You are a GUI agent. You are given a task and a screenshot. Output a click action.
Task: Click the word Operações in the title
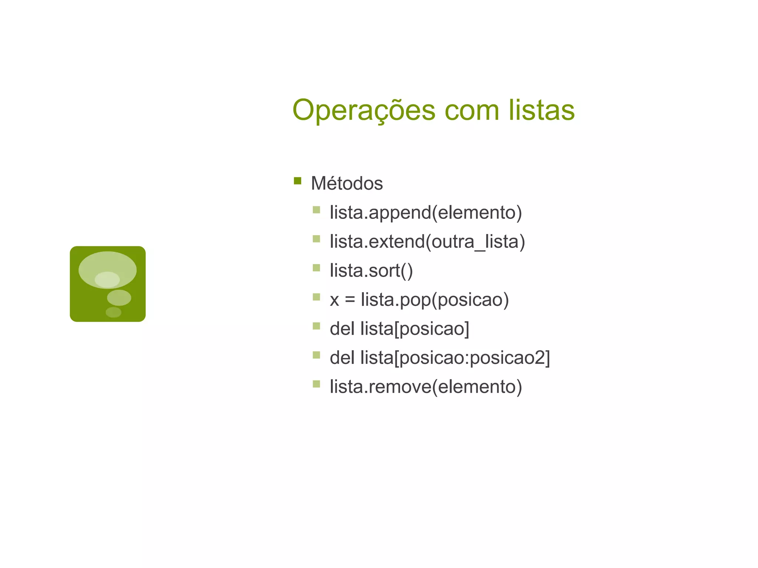coord(364,110)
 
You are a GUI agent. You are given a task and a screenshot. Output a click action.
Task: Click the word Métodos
coord(347,183)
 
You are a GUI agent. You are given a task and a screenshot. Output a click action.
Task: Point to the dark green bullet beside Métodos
coord(298,181)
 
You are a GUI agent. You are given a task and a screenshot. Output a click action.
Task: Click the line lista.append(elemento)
coord(426,213)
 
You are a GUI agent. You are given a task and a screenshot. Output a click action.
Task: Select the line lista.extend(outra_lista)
coord(427,242)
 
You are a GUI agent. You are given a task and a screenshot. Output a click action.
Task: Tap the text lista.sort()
coord(371,271)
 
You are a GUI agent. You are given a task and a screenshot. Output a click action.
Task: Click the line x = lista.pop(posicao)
coord(419,300)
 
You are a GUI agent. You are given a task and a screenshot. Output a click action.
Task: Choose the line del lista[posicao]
coord(399,329)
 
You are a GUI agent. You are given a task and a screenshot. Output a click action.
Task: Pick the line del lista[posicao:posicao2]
coord(440,358)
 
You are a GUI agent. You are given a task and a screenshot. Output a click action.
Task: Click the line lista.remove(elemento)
coord(426,387)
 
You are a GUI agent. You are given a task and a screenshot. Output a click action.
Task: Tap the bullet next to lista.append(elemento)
coord(316,210)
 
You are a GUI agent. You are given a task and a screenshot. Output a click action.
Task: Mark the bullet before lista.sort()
coord(316,268)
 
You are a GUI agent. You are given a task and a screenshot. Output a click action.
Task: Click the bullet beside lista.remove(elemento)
coord(316,384)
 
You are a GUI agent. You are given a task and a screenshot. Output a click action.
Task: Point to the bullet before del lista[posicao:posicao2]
coord(316,355)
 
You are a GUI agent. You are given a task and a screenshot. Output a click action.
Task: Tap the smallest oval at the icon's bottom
coord(113,312)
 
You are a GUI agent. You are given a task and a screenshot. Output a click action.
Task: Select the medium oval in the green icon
coord(119,298)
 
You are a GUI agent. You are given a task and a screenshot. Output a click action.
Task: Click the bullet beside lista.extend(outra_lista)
coord(316,239)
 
